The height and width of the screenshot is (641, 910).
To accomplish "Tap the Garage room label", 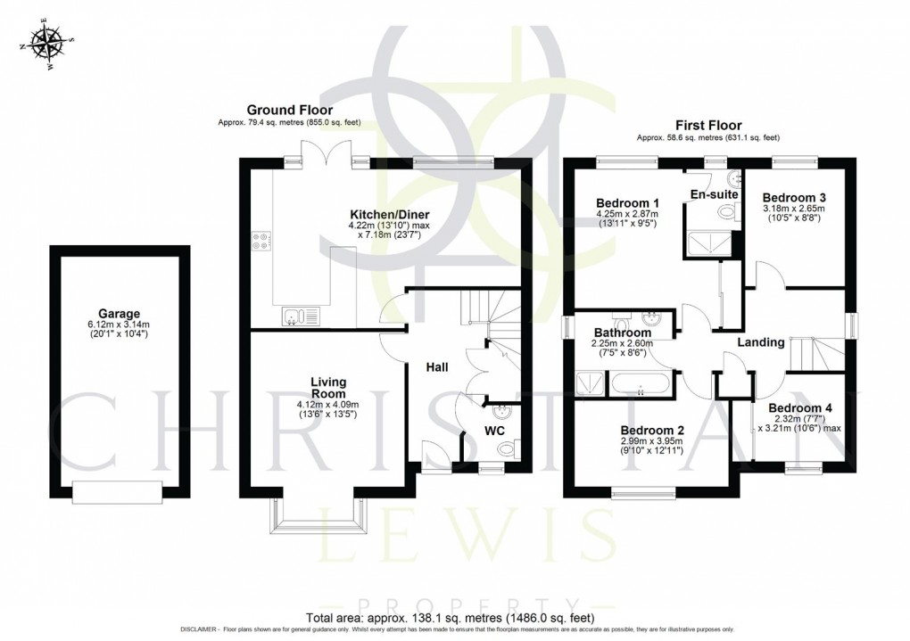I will pos(119,314).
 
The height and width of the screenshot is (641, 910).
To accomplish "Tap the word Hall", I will pos(437,367).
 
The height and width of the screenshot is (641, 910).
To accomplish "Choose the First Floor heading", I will pos(707,126).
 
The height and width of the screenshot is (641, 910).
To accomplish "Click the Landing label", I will pos(760,342).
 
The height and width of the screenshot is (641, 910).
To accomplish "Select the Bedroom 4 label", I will pos(800,408).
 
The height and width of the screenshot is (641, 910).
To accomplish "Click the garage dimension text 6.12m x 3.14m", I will pos(120,325).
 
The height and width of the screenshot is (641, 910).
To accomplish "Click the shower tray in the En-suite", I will pos(710,242).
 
